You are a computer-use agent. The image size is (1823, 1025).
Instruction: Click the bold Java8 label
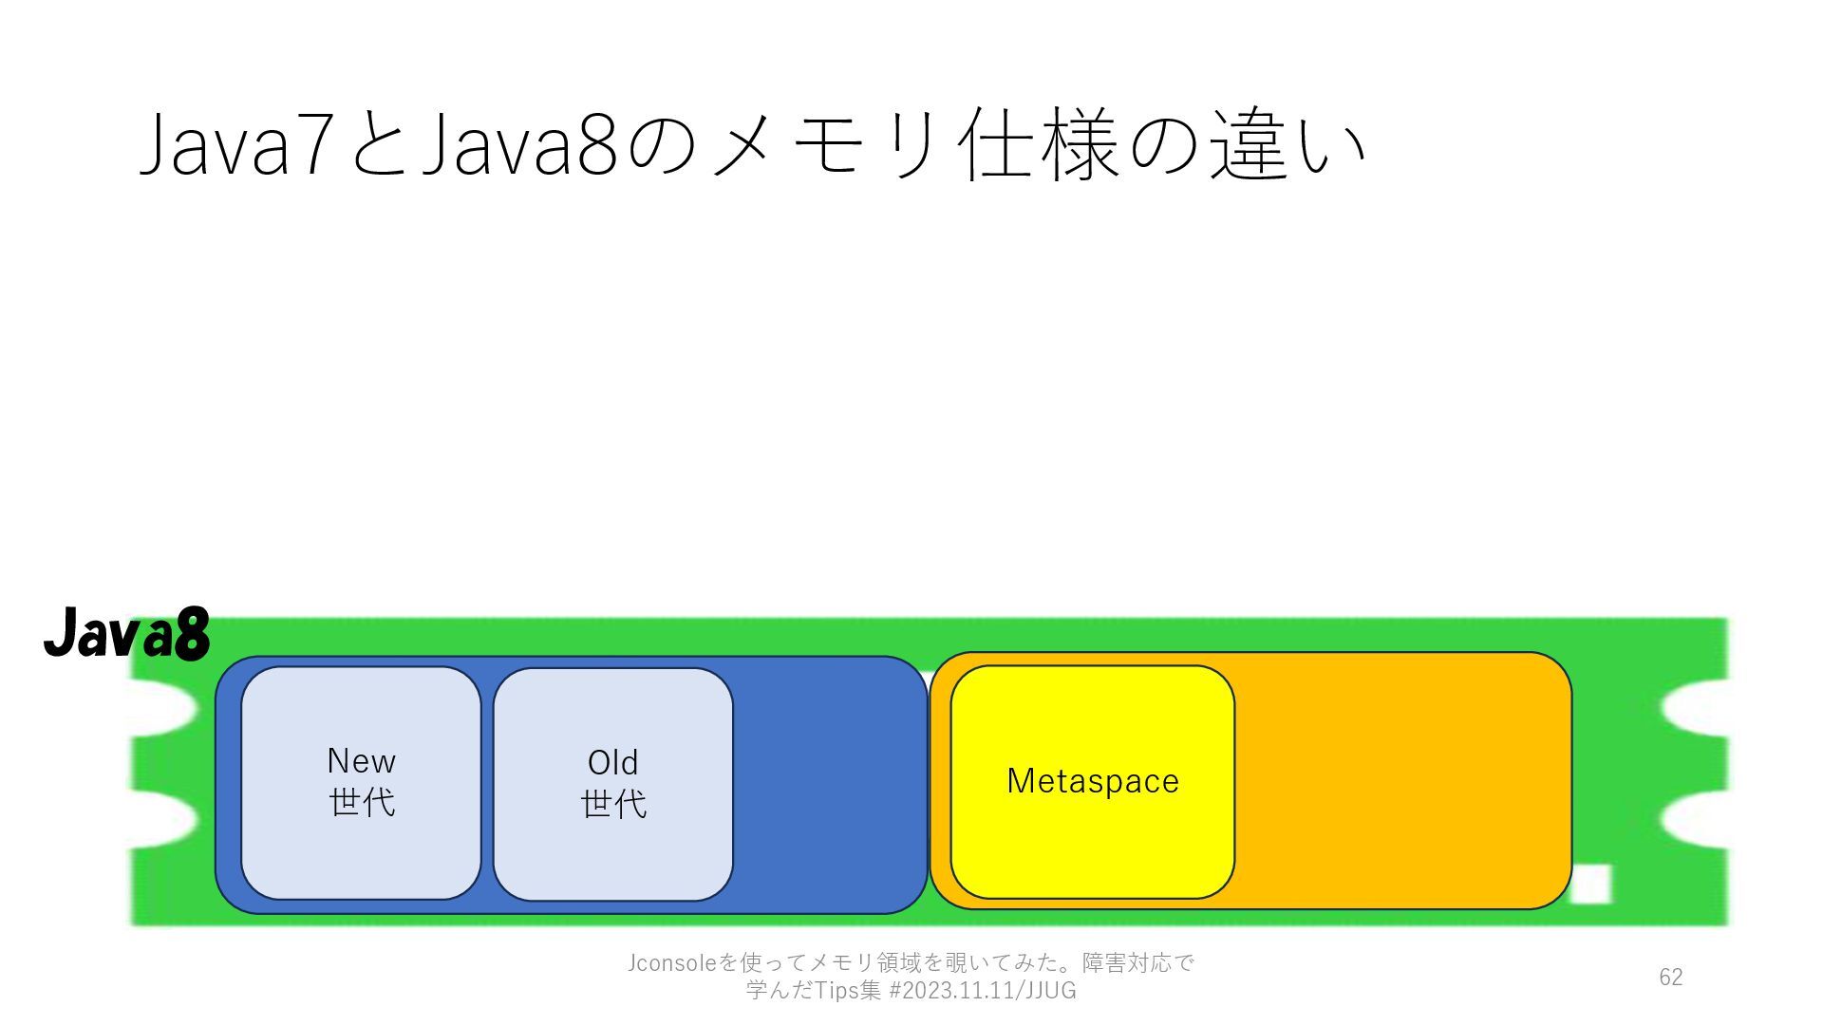(x=126, y=633)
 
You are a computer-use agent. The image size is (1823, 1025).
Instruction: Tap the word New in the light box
(x=361, y=761)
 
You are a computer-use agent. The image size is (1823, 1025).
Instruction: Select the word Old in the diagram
(x=612, y=762)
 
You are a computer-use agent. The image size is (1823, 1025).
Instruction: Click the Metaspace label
(x=1092, y=781)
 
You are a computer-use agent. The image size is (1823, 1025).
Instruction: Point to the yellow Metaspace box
(x=1092, y=845)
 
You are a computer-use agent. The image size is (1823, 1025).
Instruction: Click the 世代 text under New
(x=362, y=802)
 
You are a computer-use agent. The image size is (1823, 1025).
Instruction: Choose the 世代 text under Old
(x=613, y=804)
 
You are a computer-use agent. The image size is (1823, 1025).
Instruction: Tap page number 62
(x=1670, y=977)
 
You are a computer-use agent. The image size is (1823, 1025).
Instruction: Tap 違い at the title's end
(x=1287, y=147)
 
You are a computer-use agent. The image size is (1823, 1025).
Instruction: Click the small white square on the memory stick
(x=1591, y=885)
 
